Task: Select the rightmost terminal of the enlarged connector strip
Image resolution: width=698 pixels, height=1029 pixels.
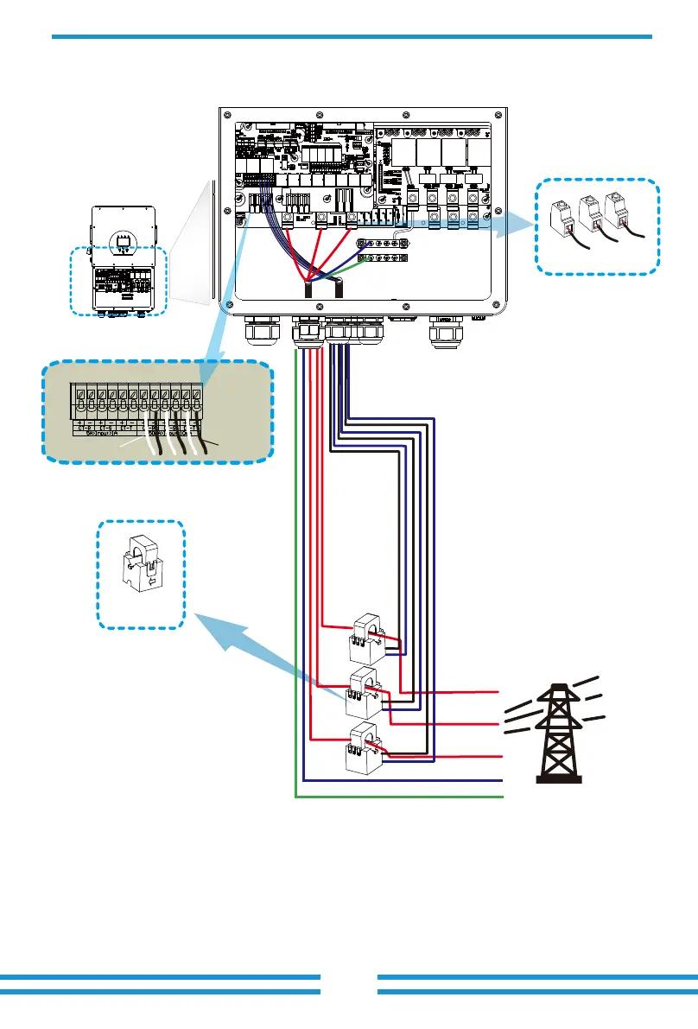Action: (196, 400)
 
